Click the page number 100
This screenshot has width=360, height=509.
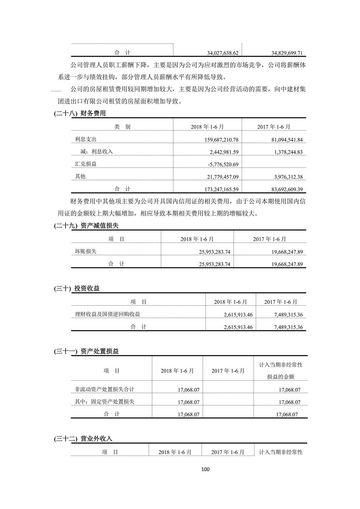point(205,469)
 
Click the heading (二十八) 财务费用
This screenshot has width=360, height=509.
point(80,113)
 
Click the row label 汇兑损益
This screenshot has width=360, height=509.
point(86,164)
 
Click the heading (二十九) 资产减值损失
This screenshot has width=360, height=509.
point(86,226)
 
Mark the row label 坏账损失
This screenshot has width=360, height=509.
point(86,251)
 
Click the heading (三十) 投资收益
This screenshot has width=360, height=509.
point(77,288)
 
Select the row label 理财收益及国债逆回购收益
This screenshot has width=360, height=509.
point(107,314)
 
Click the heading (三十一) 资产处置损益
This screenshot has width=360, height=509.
point(86,351)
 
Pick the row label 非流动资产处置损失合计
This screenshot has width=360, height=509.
point(104,389)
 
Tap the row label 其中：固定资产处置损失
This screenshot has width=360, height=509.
point(104,402)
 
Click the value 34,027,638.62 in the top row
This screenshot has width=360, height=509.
point(223,53)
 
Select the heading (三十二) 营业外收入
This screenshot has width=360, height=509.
point(83,439)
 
